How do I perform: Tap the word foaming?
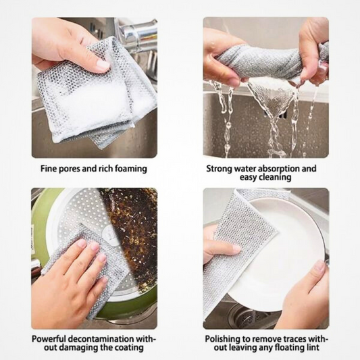(x=129, y=168)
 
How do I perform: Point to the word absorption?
(x=286, y=168)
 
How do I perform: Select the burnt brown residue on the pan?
(x=132, y=223)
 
